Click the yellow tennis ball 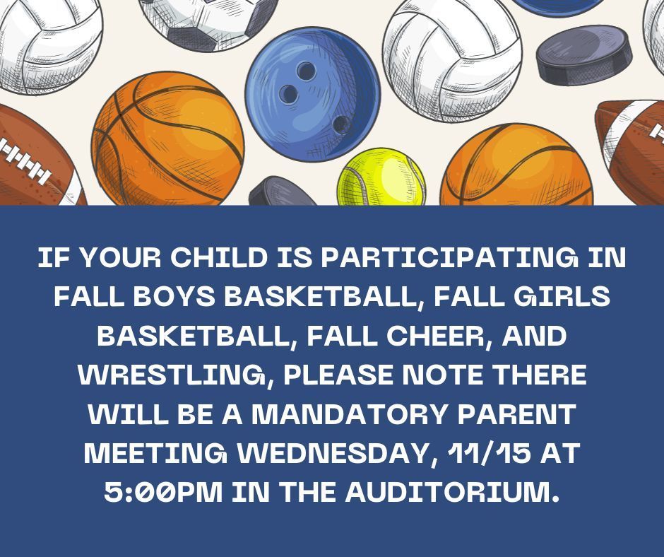[x=381, y=177]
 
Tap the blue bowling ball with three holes [x=312, y=94]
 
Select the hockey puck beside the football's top [x=584, y=55]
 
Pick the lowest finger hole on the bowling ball [x=341, y=124]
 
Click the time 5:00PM [x=163, y=492]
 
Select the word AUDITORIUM [x=451, y=492]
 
